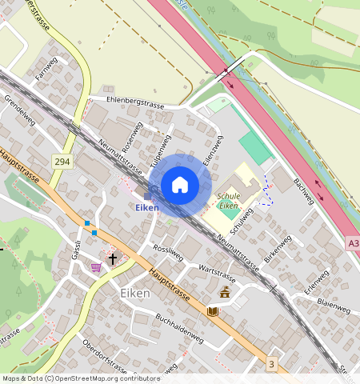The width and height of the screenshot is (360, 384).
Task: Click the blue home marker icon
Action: pyautogui.click(x=180, y=185)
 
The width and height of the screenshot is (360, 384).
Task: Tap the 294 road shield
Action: pyautogui.click(x=62, y=162)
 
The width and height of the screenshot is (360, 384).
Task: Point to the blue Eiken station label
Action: pyautogui.click(x=146, y=208)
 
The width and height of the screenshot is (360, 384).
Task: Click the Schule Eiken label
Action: pyautogui.click(x=228, y=200)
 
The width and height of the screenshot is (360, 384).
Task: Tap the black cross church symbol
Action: pyautogui.click(x=113, y=258)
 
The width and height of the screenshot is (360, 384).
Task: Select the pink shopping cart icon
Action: pyautogui.click(x=97, y=267)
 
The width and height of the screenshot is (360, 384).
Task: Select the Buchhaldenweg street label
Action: pyautogui.click(x=179, y=329)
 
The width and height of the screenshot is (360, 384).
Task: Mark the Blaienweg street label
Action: pyautogui.click(x=333, y=306)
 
